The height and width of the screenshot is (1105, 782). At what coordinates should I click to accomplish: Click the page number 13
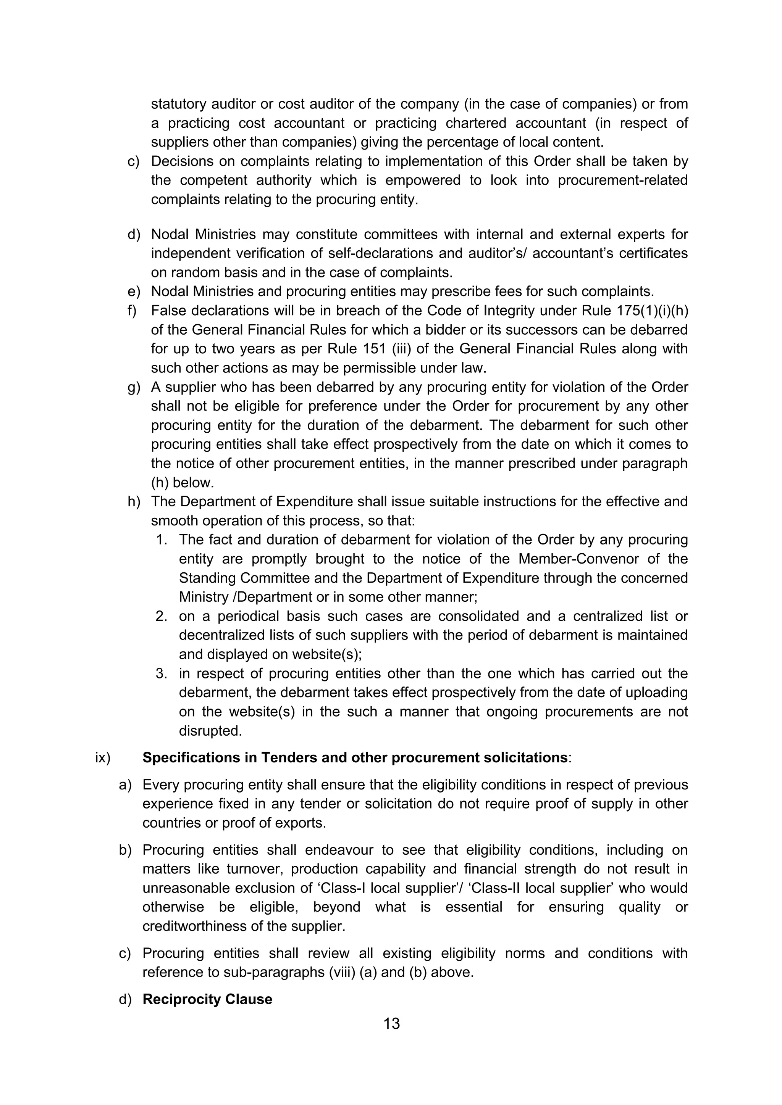(x=391, y=1023)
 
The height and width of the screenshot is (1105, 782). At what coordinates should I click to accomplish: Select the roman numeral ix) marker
(x=103, y=757)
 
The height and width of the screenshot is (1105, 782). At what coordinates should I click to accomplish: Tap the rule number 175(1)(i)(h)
(x=652, y=311)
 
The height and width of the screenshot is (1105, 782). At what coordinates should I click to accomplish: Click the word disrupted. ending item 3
(x=210, y=731)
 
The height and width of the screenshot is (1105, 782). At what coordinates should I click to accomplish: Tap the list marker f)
(x=132, y=311)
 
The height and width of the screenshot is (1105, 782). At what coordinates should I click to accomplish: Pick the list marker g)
(x=133, y=387)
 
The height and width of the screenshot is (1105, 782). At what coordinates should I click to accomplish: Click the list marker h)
(x=133, y=501)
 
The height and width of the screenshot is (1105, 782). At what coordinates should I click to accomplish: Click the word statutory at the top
(x=178, y=104)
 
